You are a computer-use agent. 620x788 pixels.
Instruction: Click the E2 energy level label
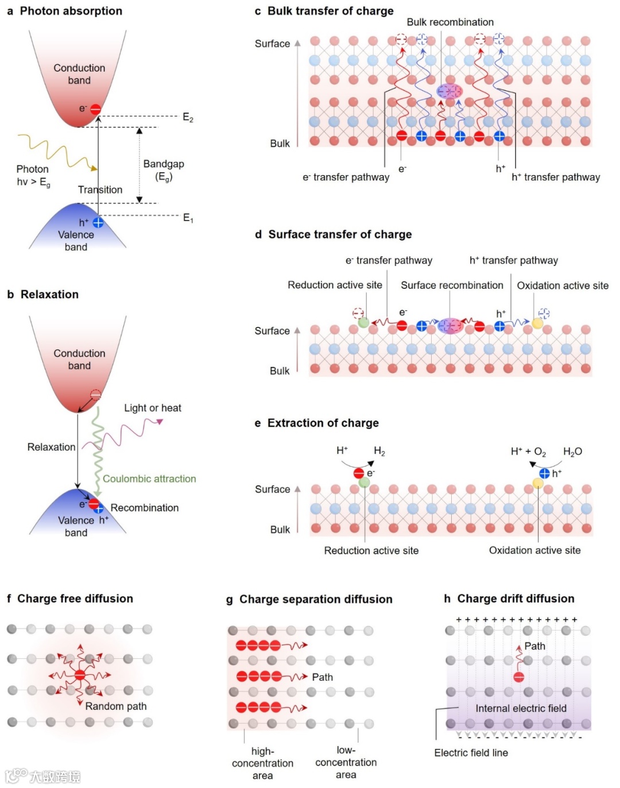coord(188,118)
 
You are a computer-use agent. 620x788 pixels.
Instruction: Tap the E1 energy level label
coord(188,218)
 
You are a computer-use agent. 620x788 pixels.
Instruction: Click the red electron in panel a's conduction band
coord(96,109)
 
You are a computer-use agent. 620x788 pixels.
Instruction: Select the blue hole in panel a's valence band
coord(98,223)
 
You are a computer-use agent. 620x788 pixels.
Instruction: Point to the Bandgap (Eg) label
coord(164,170)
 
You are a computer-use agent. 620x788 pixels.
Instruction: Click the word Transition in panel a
coord(100,190)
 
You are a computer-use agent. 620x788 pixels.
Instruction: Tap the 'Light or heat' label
coord(153,408)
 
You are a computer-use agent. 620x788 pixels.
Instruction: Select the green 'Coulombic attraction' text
coord(149,478)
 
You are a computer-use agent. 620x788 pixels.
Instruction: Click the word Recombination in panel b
coord(145,508)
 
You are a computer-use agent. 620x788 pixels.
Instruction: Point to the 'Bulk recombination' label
coord(450,22)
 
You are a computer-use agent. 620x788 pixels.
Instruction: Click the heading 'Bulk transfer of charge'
coord(330,11)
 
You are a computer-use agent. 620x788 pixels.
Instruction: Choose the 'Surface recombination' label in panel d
coord(452,285)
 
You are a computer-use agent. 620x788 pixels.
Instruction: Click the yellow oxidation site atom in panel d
coord(537,323)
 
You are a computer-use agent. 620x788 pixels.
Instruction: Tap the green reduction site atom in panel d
coord(363,322)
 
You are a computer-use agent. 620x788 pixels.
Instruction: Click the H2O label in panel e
coord(572,451)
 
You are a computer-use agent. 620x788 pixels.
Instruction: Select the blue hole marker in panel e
coord(544,473)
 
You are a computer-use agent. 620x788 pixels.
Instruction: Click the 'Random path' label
coord(116,706)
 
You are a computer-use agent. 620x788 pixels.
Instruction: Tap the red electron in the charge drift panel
coord(519,677)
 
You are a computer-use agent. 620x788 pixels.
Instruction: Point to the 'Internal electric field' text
coord(521,708)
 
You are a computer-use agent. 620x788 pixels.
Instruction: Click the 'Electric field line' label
coord(471,753)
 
